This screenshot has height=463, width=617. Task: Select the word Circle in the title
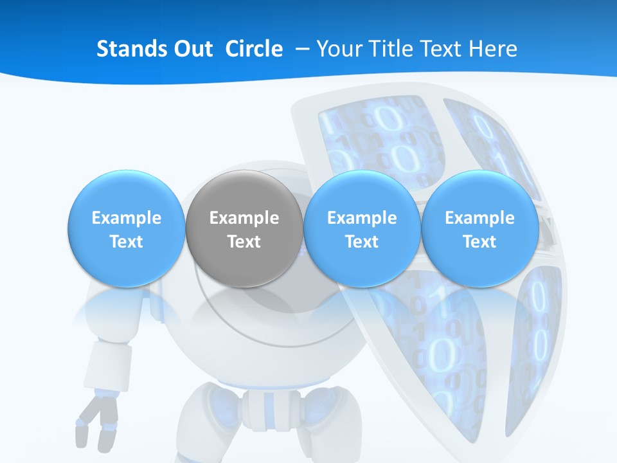(x=254, y=49)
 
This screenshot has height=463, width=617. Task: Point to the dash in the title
(x=300, y=50)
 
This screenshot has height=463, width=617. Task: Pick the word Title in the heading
(x=392, y=49)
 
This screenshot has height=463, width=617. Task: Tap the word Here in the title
(x=493, y=49)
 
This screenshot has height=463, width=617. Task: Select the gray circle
(x=244, y=228)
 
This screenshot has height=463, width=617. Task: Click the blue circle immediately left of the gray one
(x=126, y=228)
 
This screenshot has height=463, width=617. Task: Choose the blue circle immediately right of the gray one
(x=362, y=228)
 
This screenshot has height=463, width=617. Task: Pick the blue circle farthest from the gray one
(x=479, y=228)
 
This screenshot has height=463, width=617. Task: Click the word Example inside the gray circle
(x=244, y=218)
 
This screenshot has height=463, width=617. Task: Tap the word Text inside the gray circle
(x=244, y=242)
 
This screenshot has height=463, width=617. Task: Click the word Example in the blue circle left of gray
(x=126, y=218)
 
